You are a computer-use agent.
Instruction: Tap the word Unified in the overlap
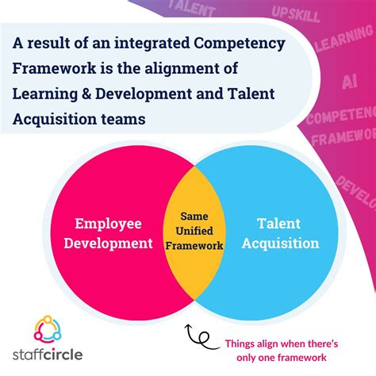coord(194,231)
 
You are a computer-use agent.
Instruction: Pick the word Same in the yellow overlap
coord(194,216)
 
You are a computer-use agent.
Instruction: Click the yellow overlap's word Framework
coord(195,246)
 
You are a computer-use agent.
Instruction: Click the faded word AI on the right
coord(349,82)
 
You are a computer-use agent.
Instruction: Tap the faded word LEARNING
coord(343,48)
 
